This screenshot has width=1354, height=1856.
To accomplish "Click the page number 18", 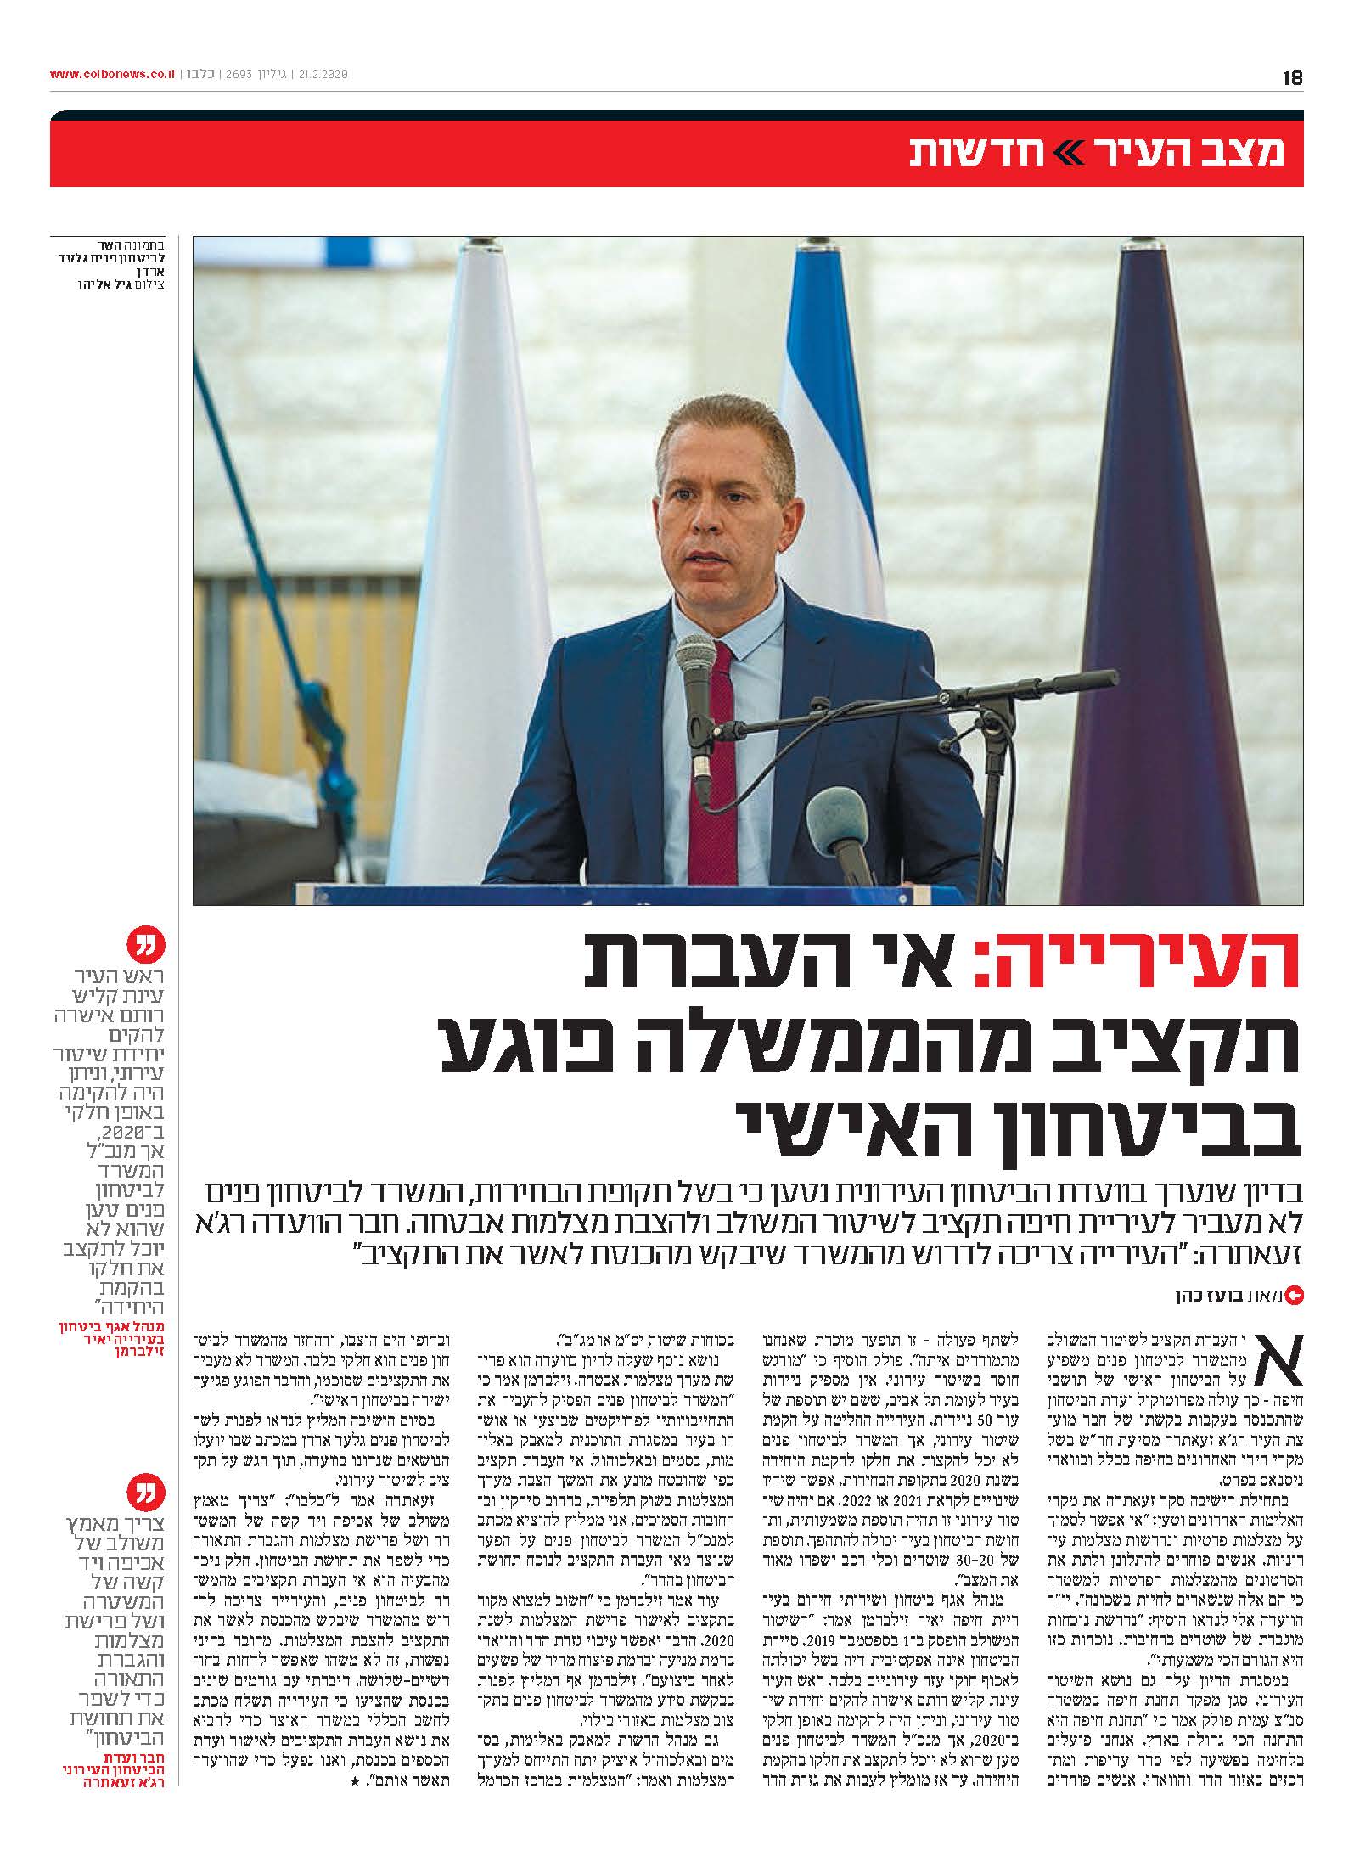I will point(1292,76).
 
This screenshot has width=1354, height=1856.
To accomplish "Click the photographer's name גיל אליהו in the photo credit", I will point(104,284).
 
